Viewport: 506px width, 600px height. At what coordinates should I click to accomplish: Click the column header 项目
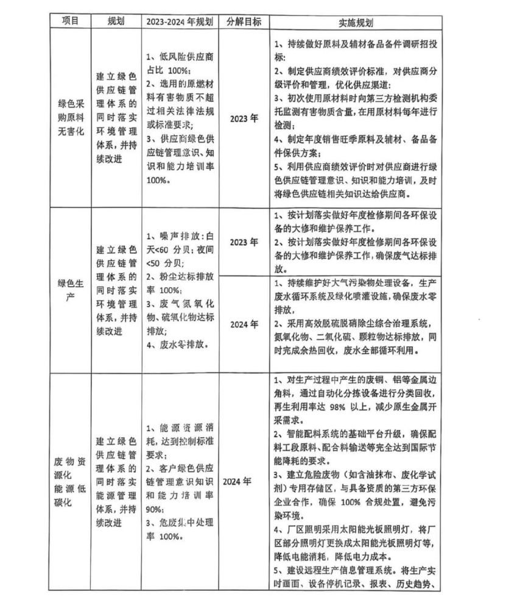tap(71, 21)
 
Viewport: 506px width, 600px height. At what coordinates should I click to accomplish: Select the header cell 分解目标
tap(244, 21)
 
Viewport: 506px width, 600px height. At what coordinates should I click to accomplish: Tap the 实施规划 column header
tap(356, 22)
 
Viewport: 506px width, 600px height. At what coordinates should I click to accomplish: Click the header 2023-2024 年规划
tap(179, 21)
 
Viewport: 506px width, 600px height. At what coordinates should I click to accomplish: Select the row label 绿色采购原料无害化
tap(71, 118)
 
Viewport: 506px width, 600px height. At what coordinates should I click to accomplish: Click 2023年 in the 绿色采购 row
tap(244, 118)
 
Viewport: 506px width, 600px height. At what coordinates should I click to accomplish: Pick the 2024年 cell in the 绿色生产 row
tap(244, 323)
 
